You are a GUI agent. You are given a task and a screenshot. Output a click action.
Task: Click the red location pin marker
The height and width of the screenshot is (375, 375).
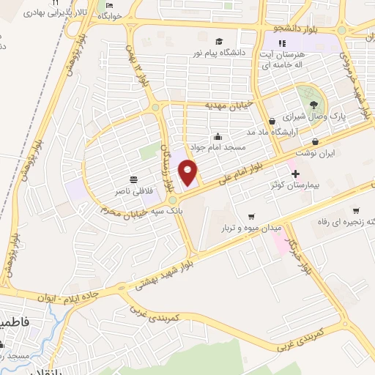189,174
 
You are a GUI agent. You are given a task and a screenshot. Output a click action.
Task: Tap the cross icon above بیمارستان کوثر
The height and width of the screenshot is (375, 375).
295,174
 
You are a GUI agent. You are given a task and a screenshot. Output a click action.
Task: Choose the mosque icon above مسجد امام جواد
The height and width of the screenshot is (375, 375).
218,136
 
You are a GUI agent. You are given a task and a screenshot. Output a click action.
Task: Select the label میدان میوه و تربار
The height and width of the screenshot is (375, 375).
252,228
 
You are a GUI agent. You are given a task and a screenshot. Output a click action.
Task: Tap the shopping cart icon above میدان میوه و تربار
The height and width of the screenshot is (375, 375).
252,217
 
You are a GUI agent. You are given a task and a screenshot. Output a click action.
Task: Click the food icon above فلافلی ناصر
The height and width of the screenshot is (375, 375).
133,179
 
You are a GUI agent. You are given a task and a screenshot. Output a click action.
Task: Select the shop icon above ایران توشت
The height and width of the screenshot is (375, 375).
315,141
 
